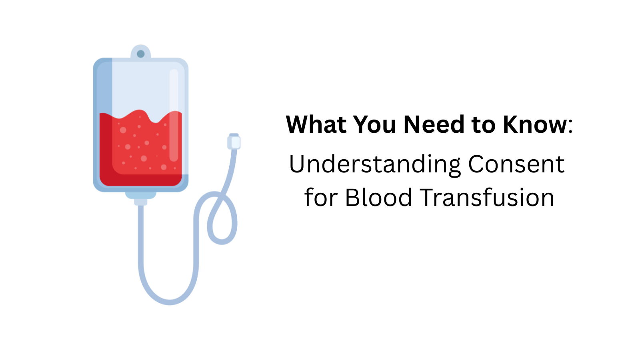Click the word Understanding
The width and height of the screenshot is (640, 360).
375,164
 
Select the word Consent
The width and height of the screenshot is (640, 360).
516,164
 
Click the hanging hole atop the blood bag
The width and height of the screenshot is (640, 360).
141,54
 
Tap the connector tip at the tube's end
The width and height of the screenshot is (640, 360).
234,142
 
